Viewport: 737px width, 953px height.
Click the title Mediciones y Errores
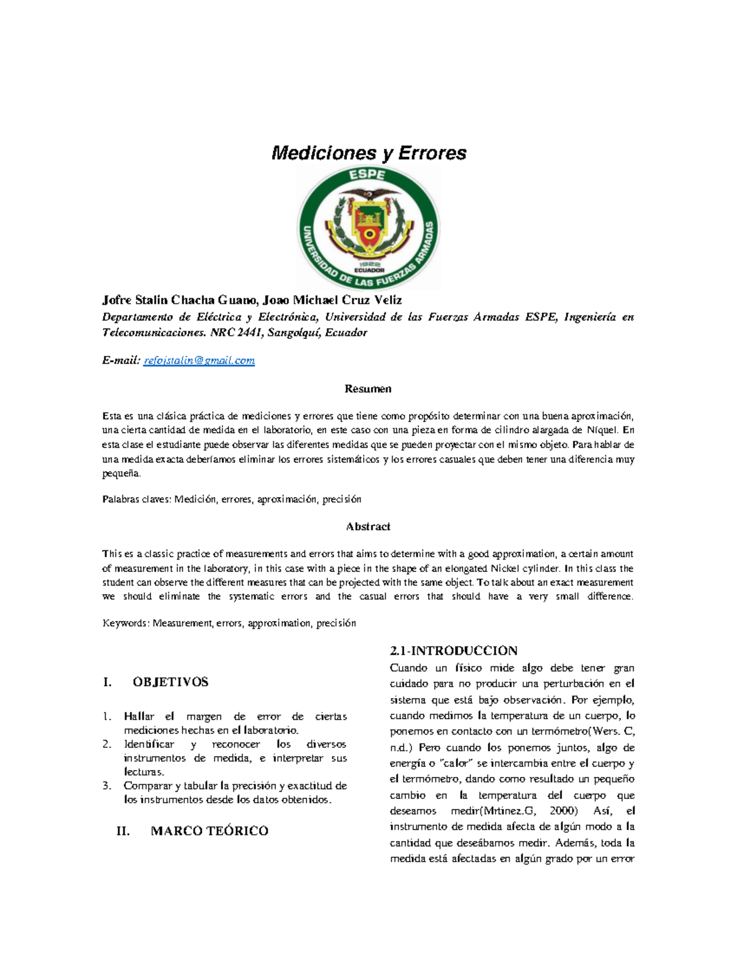368,153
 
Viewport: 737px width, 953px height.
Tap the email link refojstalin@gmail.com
199,361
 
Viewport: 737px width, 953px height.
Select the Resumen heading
368,389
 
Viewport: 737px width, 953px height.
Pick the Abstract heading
368,527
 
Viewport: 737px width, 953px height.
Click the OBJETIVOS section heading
170,682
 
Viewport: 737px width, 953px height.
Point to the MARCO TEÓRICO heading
209,831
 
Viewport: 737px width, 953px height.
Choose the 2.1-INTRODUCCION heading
453,650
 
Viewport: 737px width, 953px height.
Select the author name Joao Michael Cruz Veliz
332,300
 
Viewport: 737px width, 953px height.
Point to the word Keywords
125,623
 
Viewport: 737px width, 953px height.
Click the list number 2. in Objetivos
107,744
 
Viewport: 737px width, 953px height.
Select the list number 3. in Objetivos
107,786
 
